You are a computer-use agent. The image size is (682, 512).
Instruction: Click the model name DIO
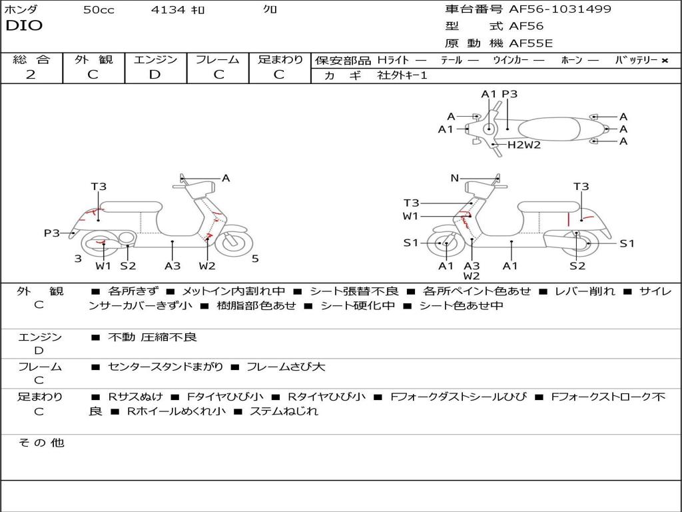click(24, 26)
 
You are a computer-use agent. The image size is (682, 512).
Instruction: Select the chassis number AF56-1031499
click(559, 9)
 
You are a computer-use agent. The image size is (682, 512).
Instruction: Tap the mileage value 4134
click(170, 10)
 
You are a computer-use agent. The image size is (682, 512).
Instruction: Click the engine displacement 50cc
click(99, 10)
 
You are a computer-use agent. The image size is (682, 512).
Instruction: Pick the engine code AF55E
click(531, 43)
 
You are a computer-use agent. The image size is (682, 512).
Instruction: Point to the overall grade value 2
click(31, 75)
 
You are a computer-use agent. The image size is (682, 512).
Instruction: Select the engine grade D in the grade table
click(155, 75)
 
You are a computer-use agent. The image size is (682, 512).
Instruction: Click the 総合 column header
click(31, 59)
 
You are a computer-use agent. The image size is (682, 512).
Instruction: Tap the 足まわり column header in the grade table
click(280, 59)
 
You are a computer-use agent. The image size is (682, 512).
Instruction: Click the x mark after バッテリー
click(664, 60)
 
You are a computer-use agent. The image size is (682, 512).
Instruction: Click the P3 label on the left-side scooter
click(51, 233)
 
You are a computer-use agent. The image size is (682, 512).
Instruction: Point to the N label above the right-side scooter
click(454, 178)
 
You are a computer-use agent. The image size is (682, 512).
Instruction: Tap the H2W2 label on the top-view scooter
click(524, 145)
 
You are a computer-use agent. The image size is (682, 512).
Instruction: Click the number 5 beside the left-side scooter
click(255, 259)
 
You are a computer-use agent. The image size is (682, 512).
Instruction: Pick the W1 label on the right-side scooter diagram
click(411, 216)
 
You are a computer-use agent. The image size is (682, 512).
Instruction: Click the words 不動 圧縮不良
click(153, 337)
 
